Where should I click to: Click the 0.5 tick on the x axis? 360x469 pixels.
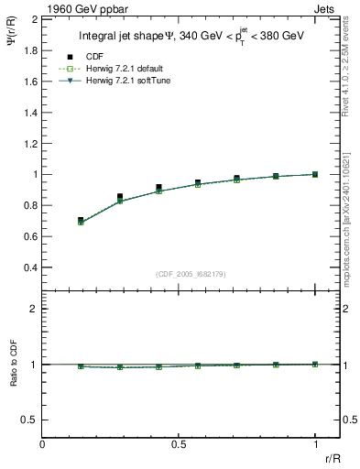click(x=179, y=444)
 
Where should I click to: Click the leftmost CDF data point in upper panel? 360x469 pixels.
click(x=81, y=220)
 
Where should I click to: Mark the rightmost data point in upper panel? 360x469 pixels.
click(x=315, y=174)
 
